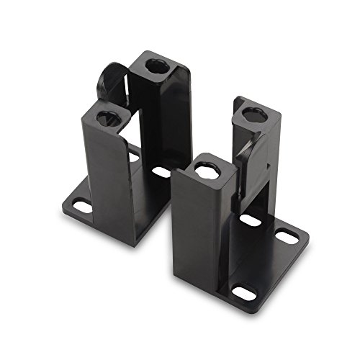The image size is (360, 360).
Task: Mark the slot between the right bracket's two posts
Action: (251, 219)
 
